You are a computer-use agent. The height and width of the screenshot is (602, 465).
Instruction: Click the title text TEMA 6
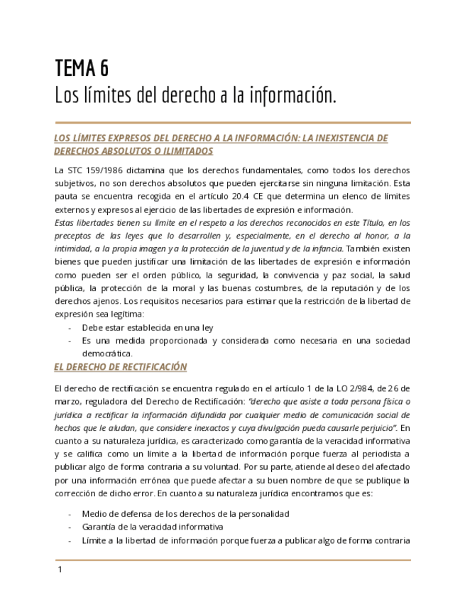82,68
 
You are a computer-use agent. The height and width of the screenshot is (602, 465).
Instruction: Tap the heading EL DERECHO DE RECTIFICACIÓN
120,367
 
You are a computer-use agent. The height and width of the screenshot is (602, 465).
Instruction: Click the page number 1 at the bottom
60,570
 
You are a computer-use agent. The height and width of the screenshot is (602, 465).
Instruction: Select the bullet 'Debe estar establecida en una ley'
148,328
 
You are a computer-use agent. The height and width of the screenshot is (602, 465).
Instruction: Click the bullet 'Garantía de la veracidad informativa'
153,527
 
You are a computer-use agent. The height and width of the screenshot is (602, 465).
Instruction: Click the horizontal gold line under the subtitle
232,122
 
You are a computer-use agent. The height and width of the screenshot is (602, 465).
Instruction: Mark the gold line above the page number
232,560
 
